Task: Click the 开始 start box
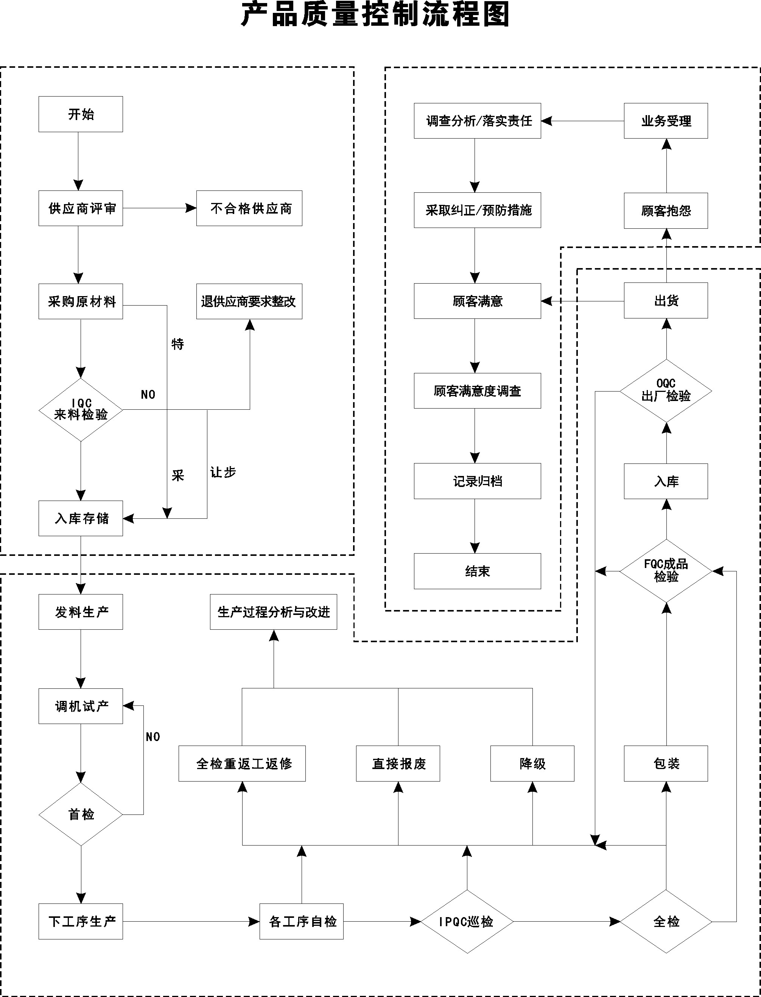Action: point(81,114)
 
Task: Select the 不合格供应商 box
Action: point(249,209)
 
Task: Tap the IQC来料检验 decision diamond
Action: point(81,410)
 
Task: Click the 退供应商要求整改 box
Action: point(249,301)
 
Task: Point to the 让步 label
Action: point(223,472)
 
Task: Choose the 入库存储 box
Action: point(81,518)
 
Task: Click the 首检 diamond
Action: point(81,814)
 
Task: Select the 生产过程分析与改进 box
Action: point(273,612)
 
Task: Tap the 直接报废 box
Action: point(398,764)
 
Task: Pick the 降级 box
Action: point(532,764)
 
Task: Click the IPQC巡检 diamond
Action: point(467,921)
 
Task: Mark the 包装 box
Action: point(666,764)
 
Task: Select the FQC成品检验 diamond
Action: point(666,571)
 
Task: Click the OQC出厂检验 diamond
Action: point(666,391)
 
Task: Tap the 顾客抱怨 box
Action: point(666,211)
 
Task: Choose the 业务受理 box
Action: point(666,121)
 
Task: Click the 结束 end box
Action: point(478,571)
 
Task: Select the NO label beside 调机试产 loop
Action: point(153,737)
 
